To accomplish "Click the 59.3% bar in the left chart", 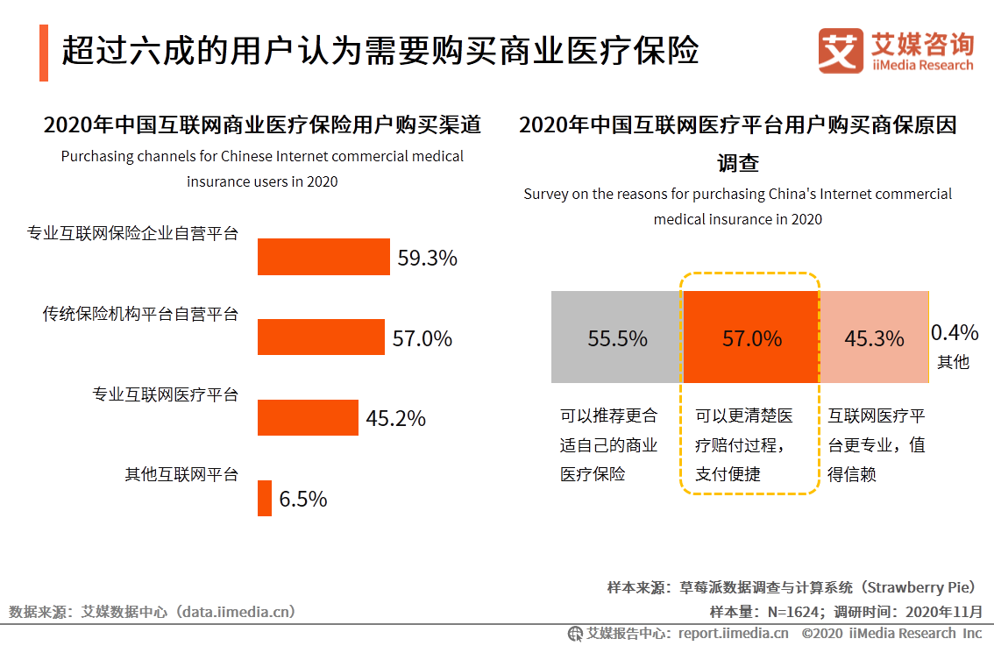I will click(323, 257).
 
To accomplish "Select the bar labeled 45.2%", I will click(308, 417).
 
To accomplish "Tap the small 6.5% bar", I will click(265, 498).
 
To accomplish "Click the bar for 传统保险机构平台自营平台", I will click(321, 337).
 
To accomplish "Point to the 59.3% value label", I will click(428, 258).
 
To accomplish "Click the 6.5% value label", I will click(303, 499).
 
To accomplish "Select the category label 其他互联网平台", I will click(181, 474).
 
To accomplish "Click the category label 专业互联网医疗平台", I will click(166, 394).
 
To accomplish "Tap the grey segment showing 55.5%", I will click(616, 337).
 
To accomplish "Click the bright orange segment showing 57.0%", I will click(750, 337).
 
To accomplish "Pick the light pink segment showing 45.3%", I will click(873, 337).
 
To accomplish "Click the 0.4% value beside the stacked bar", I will click(955, 332).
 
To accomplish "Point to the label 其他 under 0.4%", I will click(954, 361).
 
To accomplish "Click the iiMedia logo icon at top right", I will click(841, 51).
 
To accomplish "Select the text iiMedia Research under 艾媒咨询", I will click(923, 65).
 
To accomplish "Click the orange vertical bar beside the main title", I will click(44, 53).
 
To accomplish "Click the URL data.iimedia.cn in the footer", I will click(236, 612).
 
